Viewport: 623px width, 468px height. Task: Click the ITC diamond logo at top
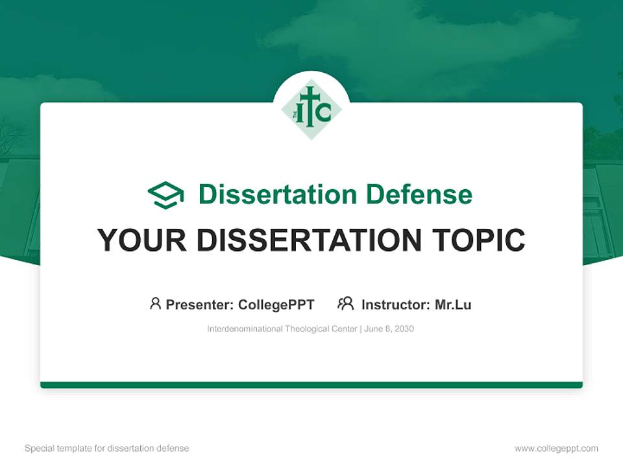(x=311, y=109)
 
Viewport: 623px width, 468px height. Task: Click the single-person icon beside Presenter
(x=155, y=304)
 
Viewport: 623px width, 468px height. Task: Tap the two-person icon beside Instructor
(x=345, y=304)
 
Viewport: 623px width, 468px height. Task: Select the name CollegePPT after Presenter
(x=276, y=305)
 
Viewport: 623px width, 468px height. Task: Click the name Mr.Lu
(x=453, y=305)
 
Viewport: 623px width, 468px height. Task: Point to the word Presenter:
(x=200, y=305)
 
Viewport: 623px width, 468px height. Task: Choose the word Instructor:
(x=395, y=305)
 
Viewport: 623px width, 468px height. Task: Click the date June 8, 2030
(x=389, y=329)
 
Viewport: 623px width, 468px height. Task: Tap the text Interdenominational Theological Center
(x=282, y=329)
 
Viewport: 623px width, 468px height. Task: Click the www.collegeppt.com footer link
(x=556, y=448)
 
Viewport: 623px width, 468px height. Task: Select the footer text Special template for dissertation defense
(x=107, y=448)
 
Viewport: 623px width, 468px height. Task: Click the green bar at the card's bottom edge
(x=311, y=385)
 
